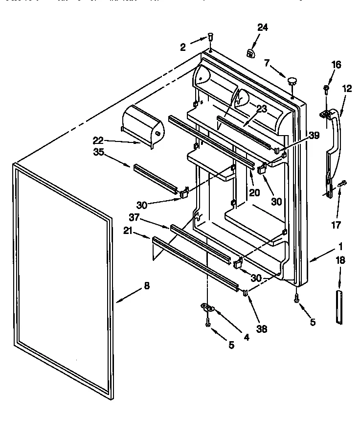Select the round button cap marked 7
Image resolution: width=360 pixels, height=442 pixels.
tap(292, 80)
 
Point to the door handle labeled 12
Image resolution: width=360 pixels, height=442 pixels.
tap(335, 147)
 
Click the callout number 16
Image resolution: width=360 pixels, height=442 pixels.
tap(336, 65)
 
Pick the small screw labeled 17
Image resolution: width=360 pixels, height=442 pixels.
tap(342, 184)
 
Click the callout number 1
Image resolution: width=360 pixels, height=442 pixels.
tap(341, 247)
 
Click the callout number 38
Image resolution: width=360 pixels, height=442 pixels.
tap(262, 329)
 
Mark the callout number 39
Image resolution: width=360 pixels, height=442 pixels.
tap(314, 136)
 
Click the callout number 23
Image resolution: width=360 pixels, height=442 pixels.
tap(262, 109)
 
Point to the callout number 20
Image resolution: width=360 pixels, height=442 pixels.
tap(254, 192)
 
